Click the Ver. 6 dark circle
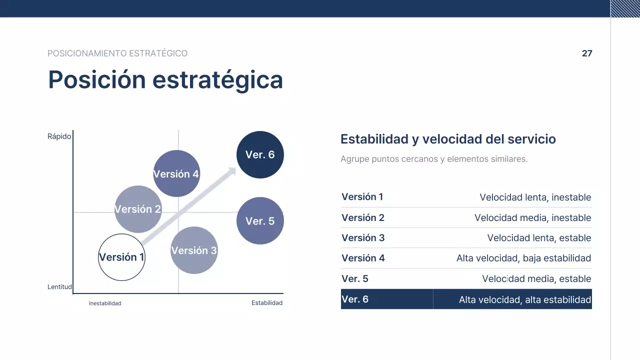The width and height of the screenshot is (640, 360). pos(260,154)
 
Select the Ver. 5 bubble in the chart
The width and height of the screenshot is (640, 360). pos(260,220)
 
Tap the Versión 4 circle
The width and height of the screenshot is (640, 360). pos(176,173)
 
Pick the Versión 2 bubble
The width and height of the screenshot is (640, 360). pos(138,209)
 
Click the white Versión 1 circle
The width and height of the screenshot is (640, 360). pos(121,257)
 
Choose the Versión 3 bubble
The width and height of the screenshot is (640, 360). pos(194,250)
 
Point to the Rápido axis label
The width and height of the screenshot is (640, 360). pos(59,136)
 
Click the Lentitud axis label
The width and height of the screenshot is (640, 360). pos(59,287)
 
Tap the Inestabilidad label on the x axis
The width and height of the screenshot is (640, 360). pos(105,303)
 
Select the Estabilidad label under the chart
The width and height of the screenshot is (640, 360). pos(267,303)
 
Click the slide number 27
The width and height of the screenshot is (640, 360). pos(587,53)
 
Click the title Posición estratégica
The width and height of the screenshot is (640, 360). pos(165,79)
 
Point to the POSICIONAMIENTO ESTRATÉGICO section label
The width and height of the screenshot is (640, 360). pos(117,53)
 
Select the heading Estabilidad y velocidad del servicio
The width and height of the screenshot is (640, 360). pos(448,139)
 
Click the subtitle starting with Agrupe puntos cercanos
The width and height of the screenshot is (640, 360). pos(434,159)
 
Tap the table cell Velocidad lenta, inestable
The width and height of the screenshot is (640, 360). pos(535,197)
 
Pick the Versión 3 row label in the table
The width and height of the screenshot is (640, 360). pos(363,238)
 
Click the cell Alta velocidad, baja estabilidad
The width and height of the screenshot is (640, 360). pos(523,258)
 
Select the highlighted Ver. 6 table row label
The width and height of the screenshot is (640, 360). pos(355,299)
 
